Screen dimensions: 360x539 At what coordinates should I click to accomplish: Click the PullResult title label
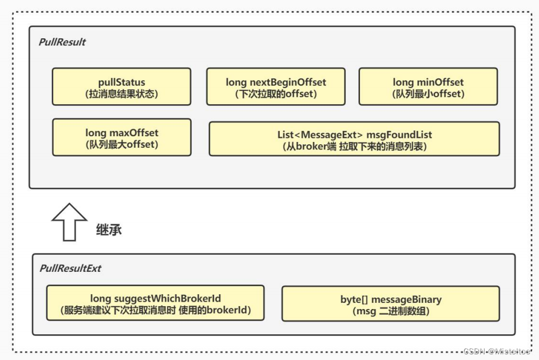(x=62, y=42)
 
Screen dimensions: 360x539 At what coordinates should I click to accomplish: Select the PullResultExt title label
(x=70, y=268)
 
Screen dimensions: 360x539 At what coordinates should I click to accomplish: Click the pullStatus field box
(x=121, y=86)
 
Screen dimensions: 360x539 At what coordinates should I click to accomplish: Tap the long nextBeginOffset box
(x=276, y=86)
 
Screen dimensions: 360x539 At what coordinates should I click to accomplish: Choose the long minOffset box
(x=428, y=86)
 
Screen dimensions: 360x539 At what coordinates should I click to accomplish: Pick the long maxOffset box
(x=121, y=137)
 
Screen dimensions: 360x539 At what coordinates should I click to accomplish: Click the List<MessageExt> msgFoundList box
(x=354, y=139)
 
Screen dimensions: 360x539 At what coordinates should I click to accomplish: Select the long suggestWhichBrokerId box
(x=155, y=303)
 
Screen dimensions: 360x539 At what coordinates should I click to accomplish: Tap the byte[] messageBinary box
(x=391, y=304)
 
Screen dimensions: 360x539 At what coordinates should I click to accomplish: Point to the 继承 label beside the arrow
(x=108, y=230)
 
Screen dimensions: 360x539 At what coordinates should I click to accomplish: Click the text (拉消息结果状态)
(x=121, y=94)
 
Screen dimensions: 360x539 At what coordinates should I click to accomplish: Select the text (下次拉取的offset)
(x=276, y=94)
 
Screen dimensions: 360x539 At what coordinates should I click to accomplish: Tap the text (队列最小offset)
(x=428, y=94)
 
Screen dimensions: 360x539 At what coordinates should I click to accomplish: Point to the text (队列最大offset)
(x=121, y=144)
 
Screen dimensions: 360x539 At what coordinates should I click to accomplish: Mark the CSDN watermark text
(x=498, y=351)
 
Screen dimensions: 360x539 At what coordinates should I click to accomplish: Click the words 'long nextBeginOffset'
(x=276, y=82)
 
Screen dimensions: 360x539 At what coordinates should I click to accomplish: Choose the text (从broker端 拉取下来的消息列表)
(x=354, y=146)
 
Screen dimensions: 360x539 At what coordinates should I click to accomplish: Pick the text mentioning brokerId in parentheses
(x=155, y=311)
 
